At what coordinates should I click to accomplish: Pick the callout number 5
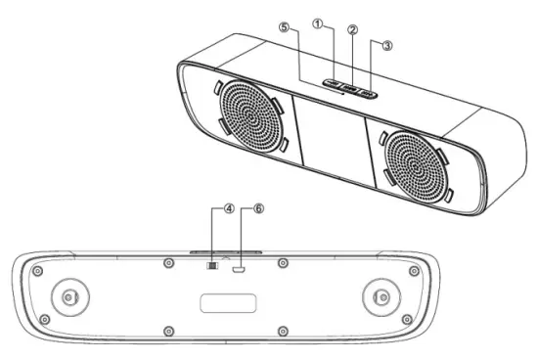pyautogui.click(x=284, y=28)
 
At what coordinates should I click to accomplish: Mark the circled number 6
pyautogui.click(x=259, y=208)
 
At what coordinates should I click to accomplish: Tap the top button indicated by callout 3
pyautogui.click(x=367, y=93)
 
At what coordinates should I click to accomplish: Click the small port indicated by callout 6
pyautogui.click(x=240, y=264)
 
